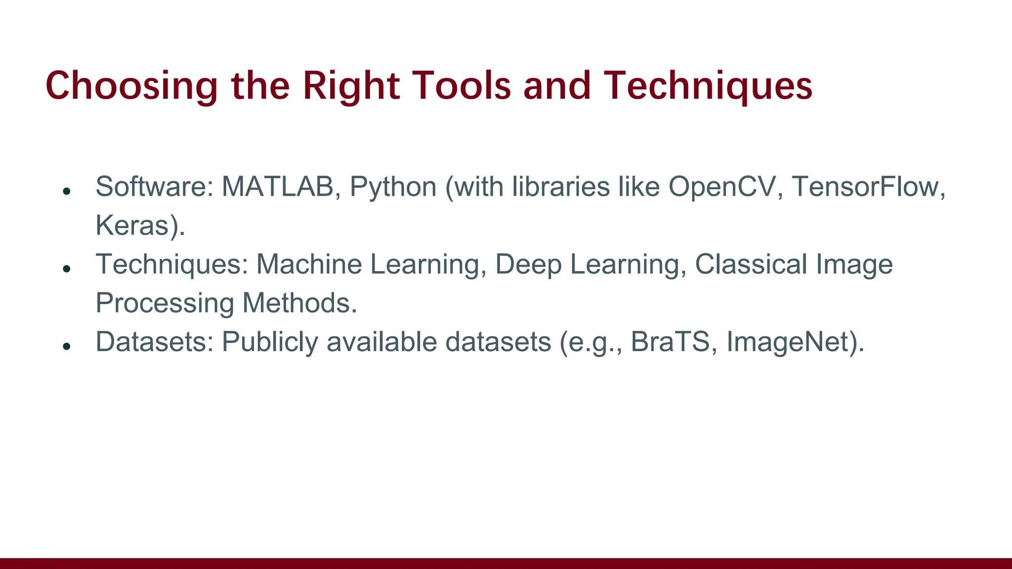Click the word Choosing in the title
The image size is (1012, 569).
click(x=131, y=86)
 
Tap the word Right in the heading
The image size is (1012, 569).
click(x=351, y=86)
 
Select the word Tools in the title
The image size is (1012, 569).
click(x=464, y=86)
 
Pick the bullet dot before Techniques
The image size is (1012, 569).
click(x=67, y=269)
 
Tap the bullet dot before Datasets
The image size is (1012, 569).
click(x=67, y=346)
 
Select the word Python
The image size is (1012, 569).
click(x=393, y=187)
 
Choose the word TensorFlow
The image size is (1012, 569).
click(x=867, y=187)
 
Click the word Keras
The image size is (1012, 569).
click(x=132, y=225)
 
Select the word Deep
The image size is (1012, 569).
click(x=528, y=264)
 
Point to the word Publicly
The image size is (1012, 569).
click(x=270, y=342)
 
